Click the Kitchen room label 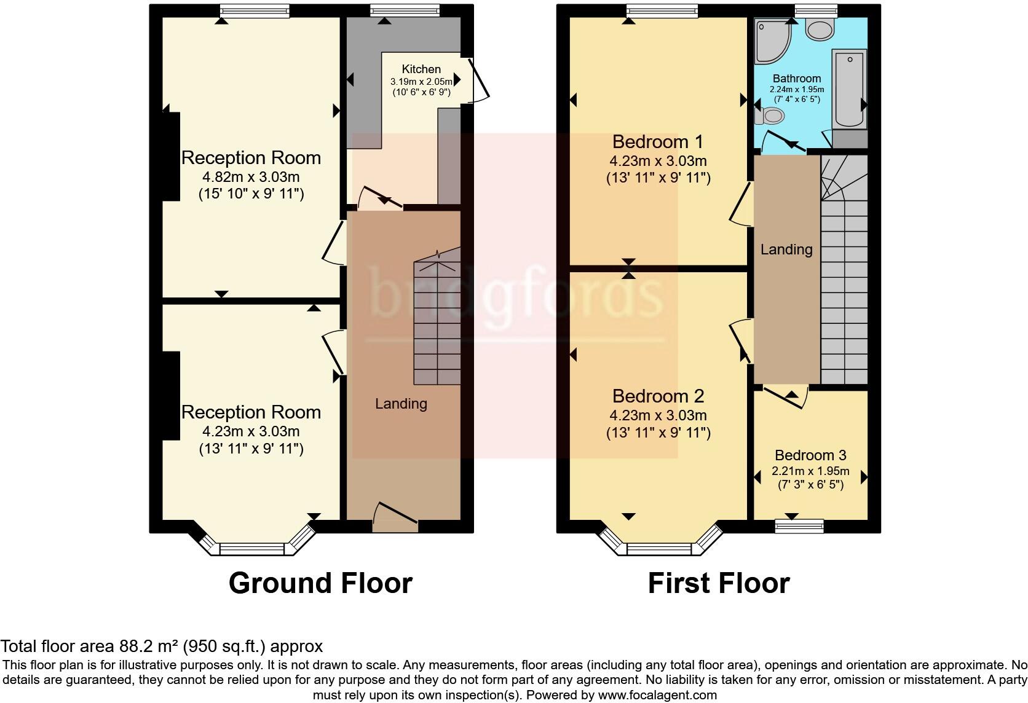(x=421, y=69)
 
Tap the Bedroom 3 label (x=810, y=455)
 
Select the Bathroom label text (x=797, y=79)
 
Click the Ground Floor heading (x=320, y=583)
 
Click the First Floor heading (x=718, y=583)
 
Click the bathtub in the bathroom (x=849, y=89)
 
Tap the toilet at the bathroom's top (x=820, y=29)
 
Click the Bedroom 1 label (x=658, y=142)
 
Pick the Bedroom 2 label (x=658, y=396)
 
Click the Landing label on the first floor (x=786, y=249)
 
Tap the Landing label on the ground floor (x=401, y=404)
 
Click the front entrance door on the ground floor (x=395, y=518)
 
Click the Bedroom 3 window (x=799, y=525)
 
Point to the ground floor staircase (x=437, y=320)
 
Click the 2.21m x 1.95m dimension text (x=810, y=471)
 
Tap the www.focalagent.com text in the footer (x=656, y=696)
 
